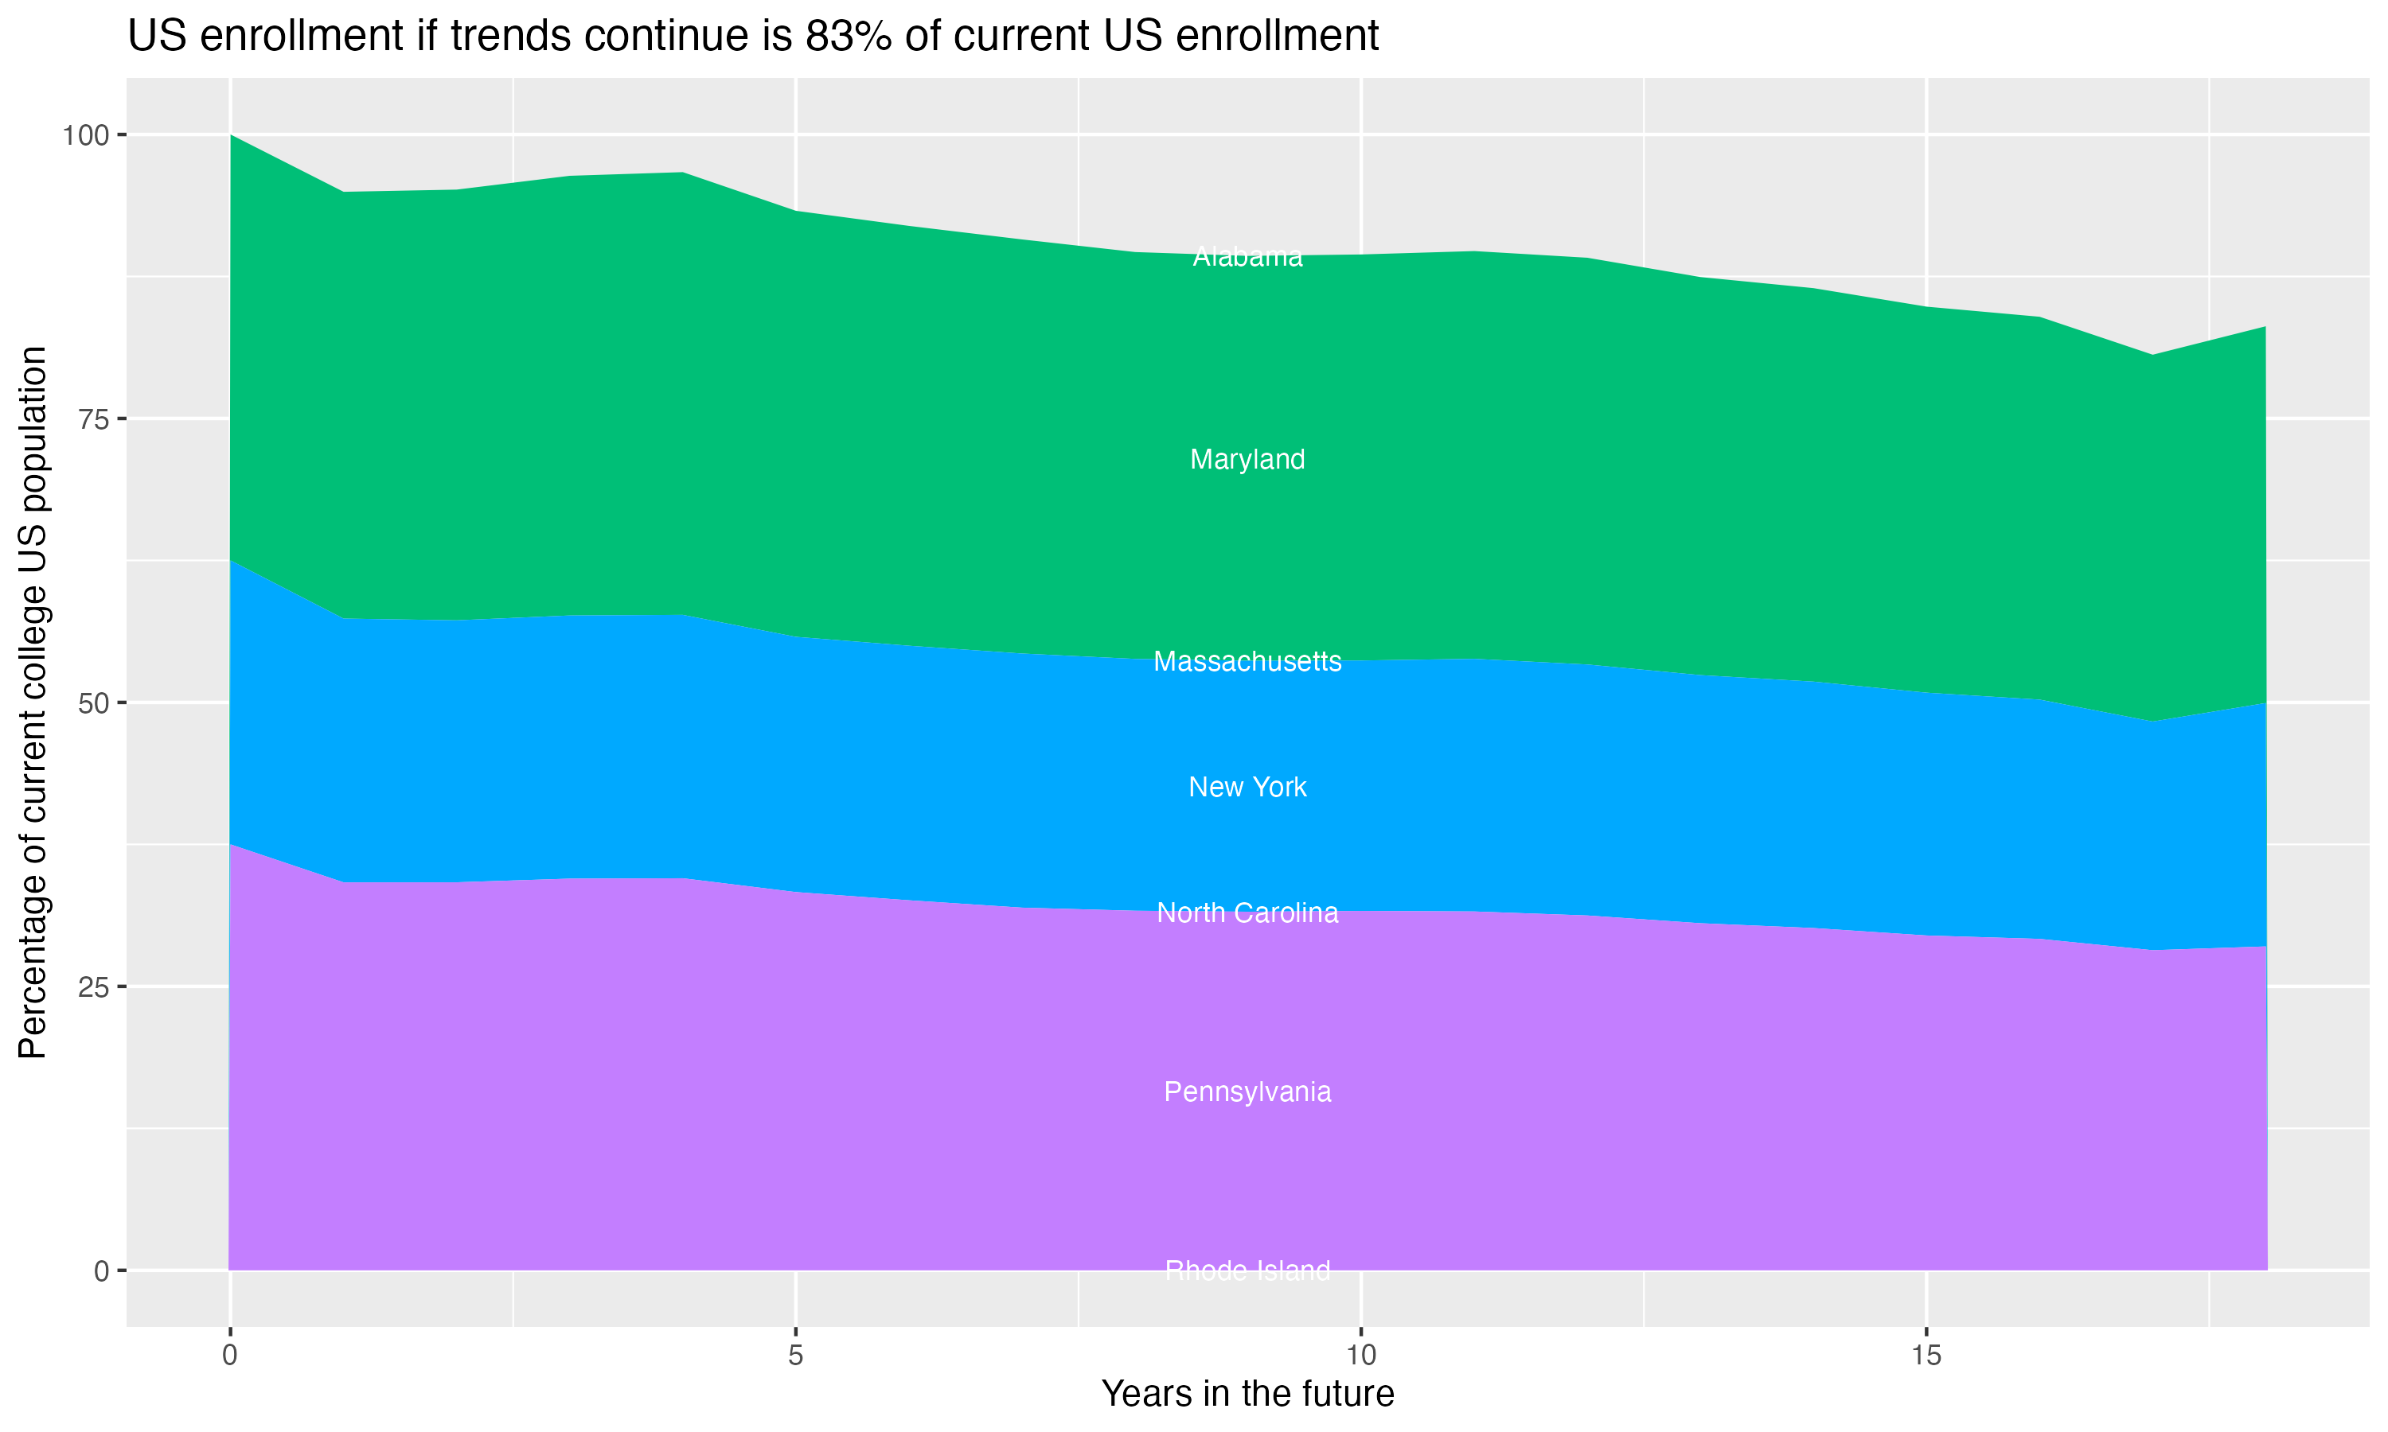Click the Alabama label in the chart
point(1247,257)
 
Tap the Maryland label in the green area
point(1247,459)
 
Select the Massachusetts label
point(1247,662)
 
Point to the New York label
point(1247,788)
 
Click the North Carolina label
point(1247,913)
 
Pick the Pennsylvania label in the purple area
point(1247,1092)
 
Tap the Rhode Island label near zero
point(1247,1271)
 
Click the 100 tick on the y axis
point(85,135)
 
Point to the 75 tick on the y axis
point(94,418)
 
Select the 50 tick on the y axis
point(94,703)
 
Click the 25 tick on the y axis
point(94,987)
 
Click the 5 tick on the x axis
point(795,1356)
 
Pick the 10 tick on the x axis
point(1360,1356)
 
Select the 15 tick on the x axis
point(1926,1356)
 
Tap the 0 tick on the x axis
point(230,1356)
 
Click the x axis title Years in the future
point(1247,1395)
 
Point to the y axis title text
point(33,702)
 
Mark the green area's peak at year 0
point(231,136)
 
